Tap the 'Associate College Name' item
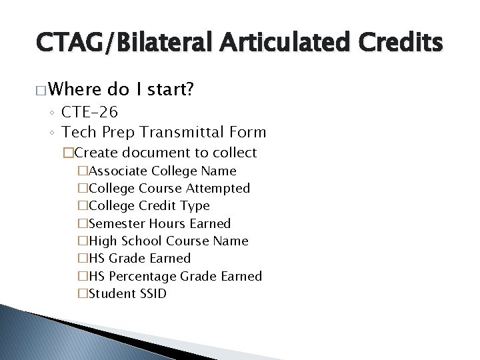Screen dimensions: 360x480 pos(162,171)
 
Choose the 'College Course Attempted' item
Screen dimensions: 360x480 pos(169,189)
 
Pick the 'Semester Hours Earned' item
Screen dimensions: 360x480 pos(159,223)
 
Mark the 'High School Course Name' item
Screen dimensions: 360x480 pos(168,241)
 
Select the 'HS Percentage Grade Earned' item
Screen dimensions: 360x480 pos(175,276)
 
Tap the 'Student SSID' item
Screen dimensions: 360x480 pos(127,293)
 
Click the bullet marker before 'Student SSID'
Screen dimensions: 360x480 pos(83,293)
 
